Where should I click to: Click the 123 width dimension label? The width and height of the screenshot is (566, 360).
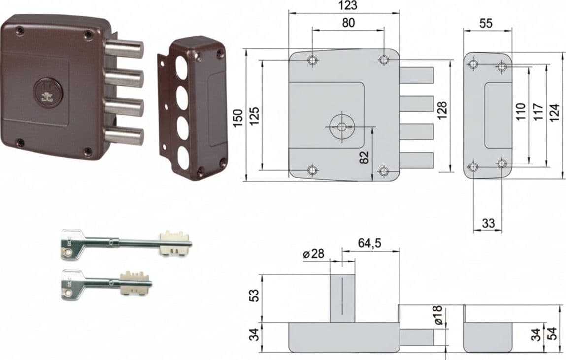(x=348, y=5)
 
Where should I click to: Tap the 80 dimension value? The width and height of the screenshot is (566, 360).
(x=348, y=22)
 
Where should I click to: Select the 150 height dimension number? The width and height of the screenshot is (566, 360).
(x=238, y=118)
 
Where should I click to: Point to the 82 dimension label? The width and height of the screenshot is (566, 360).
(x=365, y=157)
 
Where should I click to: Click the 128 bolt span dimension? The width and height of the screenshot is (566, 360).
(x=442, y=111)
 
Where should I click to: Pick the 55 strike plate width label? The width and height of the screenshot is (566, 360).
(x=486, y=23)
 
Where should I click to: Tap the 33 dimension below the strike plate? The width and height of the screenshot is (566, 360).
(x=488, y=223)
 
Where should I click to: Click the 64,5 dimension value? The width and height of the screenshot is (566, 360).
(x=369, y=243)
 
